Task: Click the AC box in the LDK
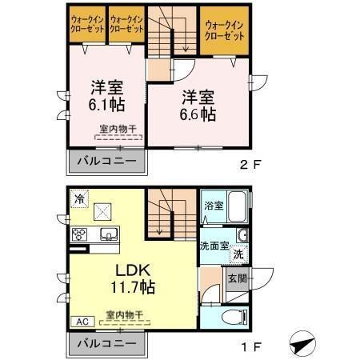pyautogui.click(x=83, y=322)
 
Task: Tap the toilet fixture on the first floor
pyautogui.click(x=235, y=317)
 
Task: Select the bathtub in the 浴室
pyautogui.click(x=237, y=206)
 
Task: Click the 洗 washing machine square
pyautogui.click(x=239, y=254)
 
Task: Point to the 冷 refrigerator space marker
pyautogui.click(x=79, y=198)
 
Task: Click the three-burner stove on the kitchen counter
pyautogui.click(x=79, y=234)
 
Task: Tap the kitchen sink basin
pyautogui.click(x=109, y=234)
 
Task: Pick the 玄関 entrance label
pyautogui.click(x=237, y=278)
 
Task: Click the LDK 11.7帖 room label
pyautogui.click(x=133, y=278)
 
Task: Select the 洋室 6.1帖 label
pyautogui.click(x=106, y=95)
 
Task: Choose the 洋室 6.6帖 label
pyautogui.click(x=198, y=106)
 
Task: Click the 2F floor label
pyautogui.click(x=250, y=164)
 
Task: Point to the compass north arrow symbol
pyautogui.click(x=302, y=344)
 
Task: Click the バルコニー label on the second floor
pyautogui.click(x=106, y=161)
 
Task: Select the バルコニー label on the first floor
pyautogui.click(x=106, y=343)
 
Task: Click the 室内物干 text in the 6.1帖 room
pyautogui.click(x=118, y=129)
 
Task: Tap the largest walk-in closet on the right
pyautogui.click(x=225, y=30)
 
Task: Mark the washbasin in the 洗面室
pyautogui.click(x=242, y=235)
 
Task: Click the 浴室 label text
pyautogui.click(x=214, y=206)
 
